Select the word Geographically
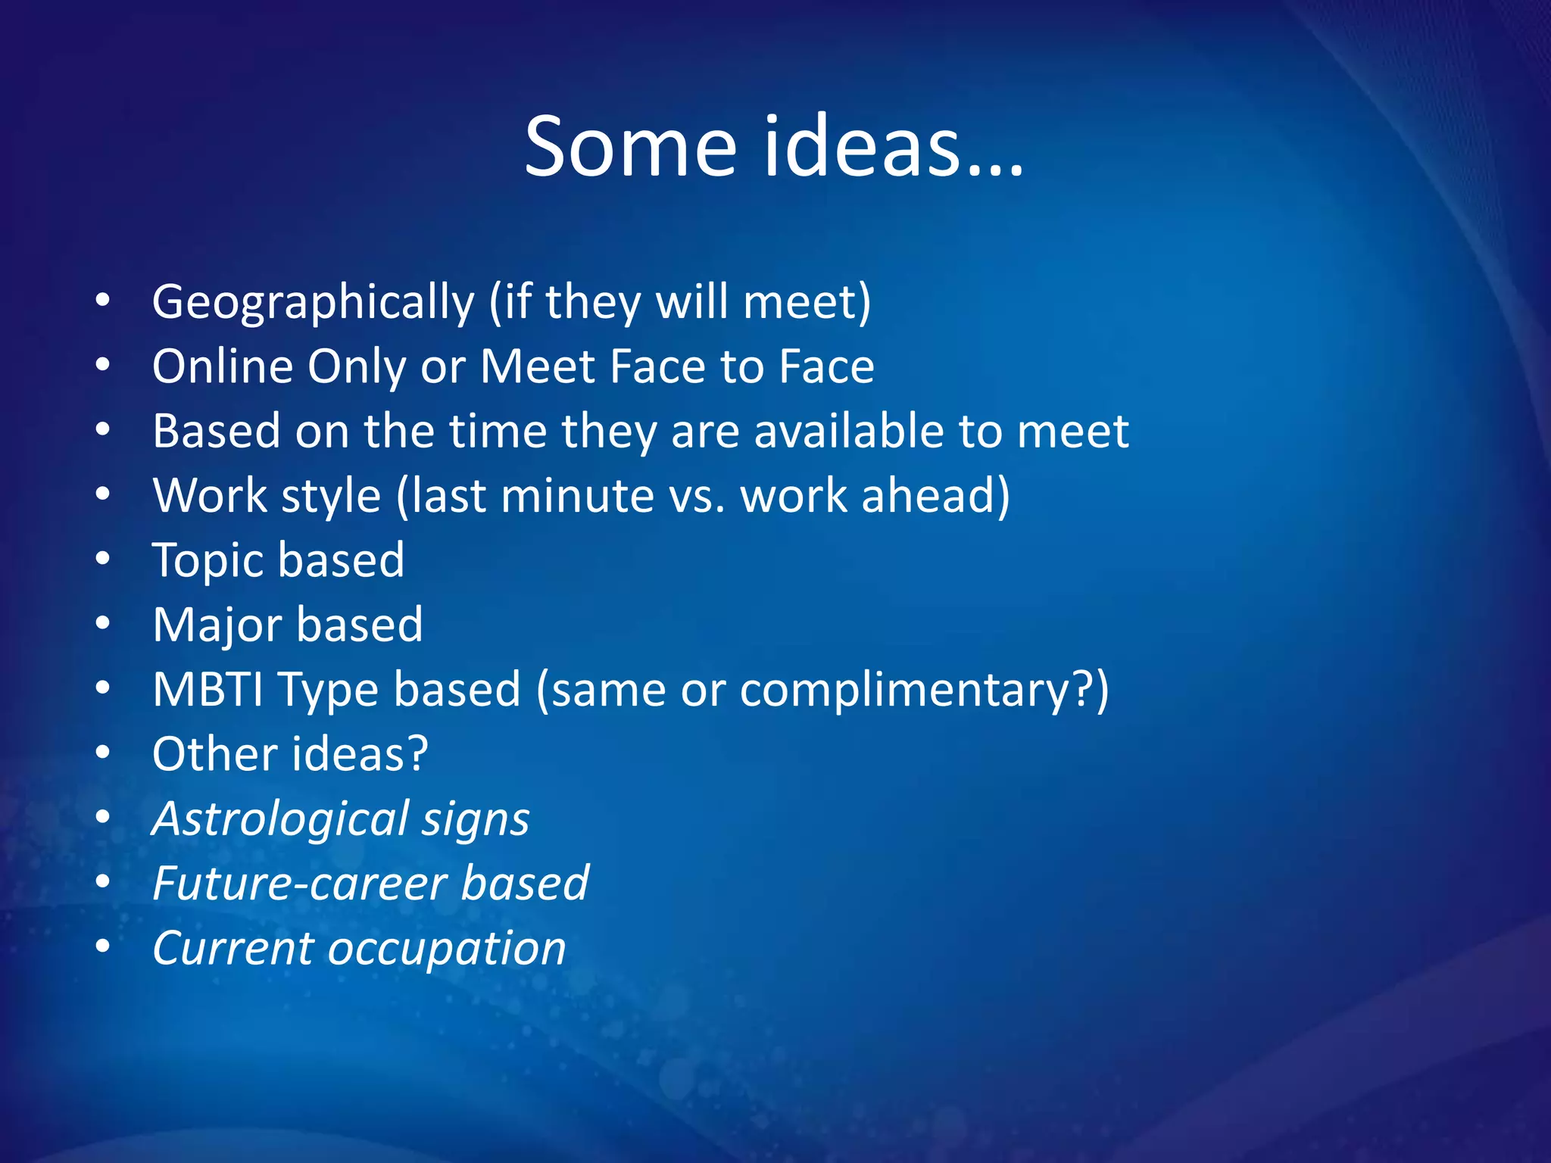pos(314,303)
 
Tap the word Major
pos(217,625)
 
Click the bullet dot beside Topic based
pos(103,559)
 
